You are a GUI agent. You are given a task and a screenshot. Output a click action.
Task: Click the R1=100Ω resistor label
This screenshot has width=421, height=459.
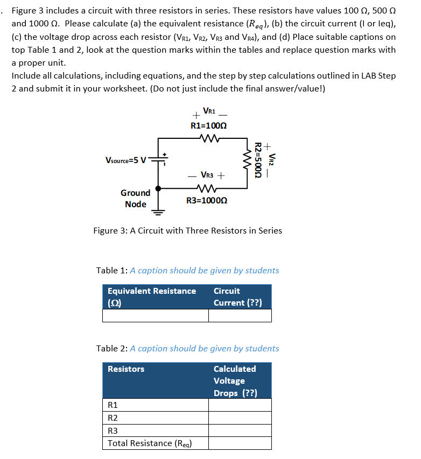pos(208,125)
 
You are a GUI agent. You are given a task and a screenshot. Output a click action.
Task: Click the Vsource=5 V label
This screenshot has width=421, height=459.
pos(125,160)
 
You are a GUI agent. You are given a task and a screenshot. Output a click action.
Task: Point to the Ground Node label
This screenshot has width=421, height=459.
pos(135,198)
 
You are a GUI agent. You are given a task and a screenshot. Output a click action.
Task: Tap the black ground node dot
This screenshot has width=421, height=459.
pos(158,189)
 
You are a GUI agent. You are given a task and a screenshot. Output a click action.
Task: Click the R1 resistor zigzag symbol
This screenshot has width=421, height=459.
pos(208,138)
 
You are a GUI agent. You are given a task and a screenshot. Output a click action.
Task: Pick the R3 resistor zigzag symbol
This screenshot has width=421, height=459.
pos(207,189)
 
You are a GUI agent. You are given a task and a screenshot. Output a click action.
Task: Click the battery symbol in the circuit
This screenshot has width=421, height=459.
pos(158,159)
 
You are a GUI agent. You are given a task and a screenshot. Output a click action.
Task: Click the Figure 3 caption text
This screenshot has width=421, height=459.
pos(187,231)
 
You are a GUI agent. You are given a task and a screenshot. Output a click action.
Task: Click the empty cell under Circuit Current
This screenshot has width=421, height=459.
pos(240,315)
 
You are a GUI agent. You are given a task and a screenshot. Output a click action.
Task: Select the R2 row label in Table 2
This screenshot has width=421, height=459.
pos(113,418)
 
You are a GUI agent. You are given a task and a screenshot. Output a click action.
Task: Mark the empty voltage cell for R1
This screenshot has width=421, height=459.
pos(240,405)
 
